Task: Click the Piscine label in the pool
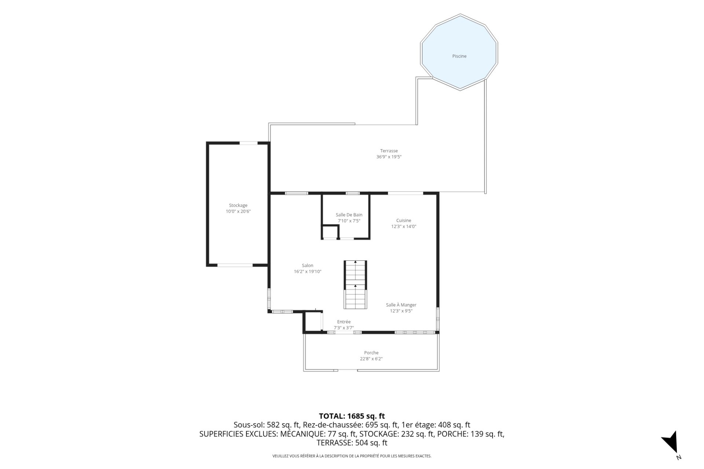[x=459, y=56]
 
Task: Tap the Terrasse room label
[x=389, y=151]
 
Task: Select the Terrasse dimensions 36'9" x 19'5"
[x=389, y=157]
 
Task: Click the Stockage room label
[x=238, y=205]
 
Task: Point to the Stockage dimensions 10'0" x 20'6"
[x=238, y=211]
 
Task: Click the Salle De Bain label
[x=349, y=215]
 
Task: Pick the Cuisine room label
[x=403, y=220]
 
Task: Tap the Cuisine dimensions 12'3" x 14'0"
[x=403, y=227]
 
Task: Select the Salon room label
[x=307, y=265]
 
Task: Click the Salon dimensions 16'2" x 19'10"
[x=307, y=272]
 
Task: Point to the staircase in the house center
[x=355, y=285]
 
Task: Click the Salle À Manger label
[x=401, y=305]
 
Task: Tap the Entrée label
[x=344, y=322]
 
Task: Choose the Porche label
[x=371, y=353]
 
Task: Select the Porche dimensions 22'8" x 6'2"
[x=371, y=359]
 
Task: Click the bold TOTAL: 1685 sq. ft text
[x=352, y=416]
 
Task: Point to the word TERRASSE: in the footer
[x=335, y=443]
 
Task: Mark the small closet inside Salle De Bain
[x=330, y=232]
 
